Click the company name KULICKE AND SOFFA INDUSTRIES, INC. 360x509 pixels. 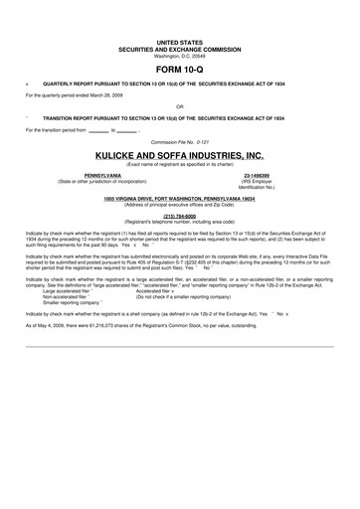pyautogui.click(x=179, y=156)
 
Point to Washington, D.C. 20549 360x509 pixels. pyautogui.click(x=179, y=56)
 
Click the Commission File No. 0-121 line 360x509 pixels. pyautogui.click(x=179, y=142)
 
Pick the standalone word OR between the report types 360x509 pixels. pyautogui.click(x=179, y=105)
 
